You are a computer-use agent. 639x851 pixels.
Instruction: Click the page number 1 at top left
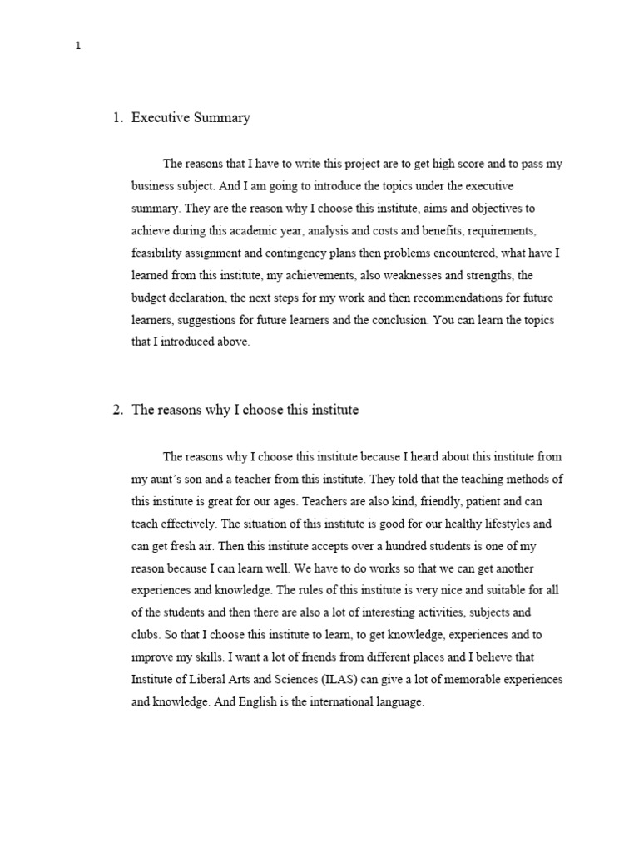pyautogui.click(x=77, y=47)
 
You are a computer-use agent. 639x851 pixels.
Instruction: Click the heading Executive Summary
pyautogui.click(x=191, y=118)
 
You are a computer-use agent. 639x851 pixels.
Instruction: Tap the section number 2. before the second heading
pyautogui.click(x=117, y=410)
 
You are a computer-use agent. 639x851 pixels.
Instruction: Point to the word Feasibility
pyautogui.click(x=157, y=253)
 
